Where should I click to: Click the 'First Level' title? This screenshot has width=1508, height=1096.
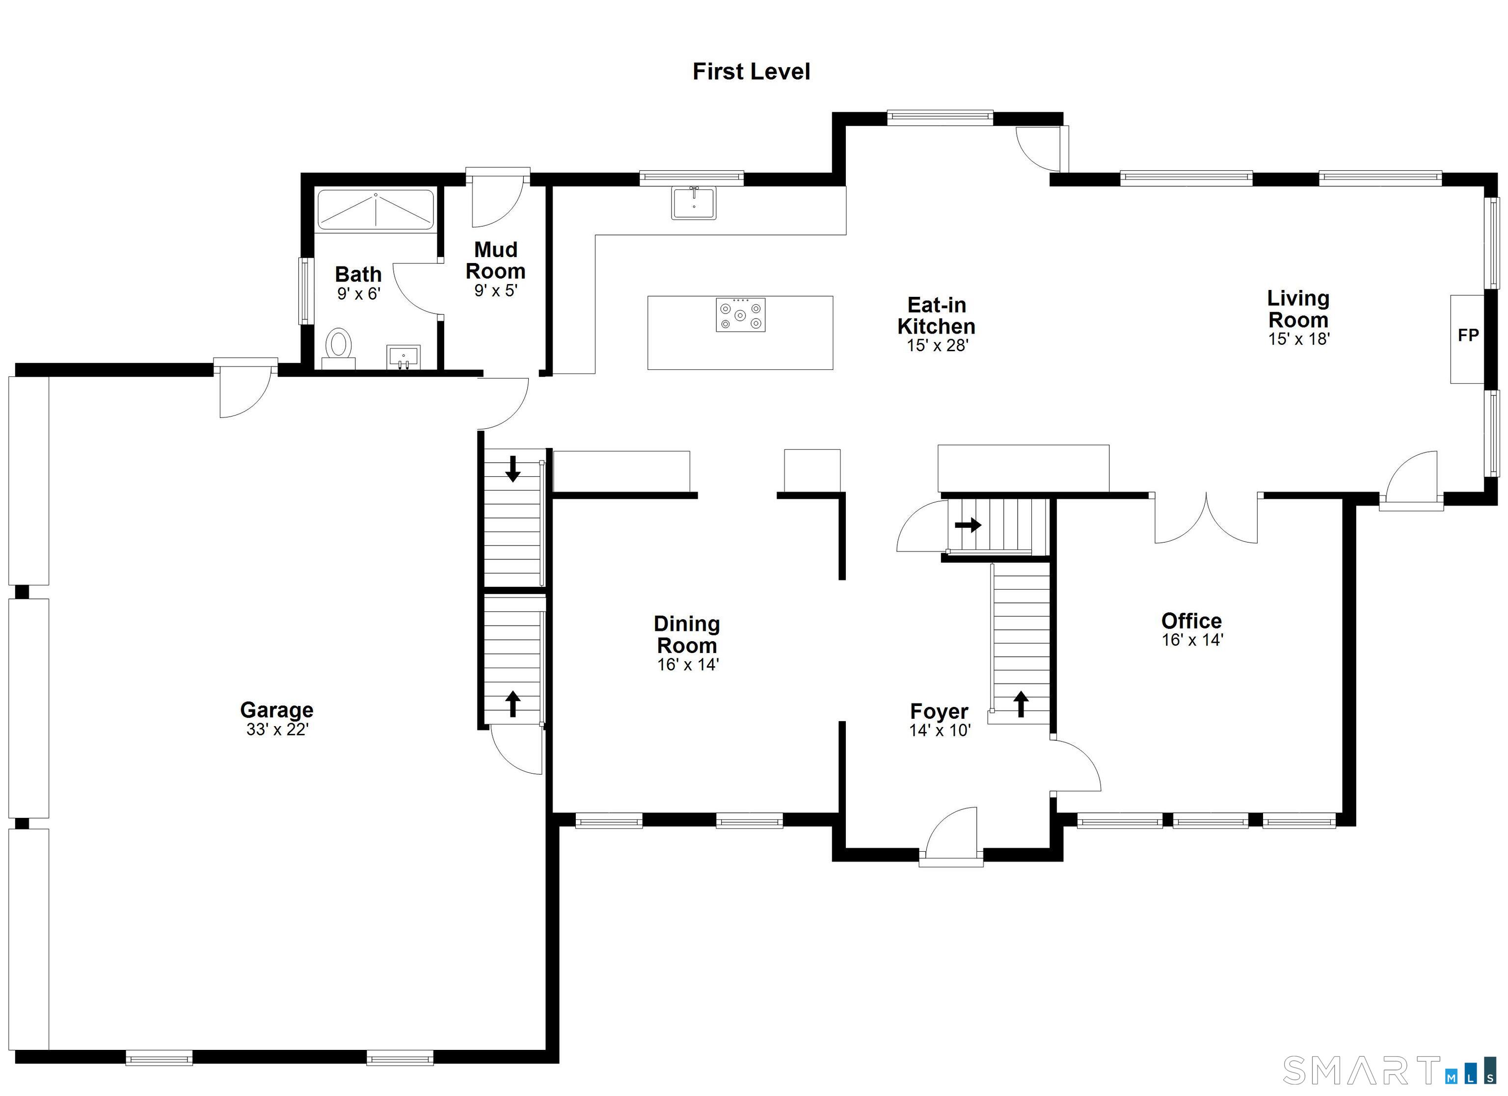tap(752, 72)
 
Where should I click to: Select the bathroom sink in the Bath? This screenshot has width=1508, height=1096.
tap(403, 357)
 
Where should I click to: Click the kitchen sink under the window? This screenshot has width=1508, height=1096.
tap(694, 203)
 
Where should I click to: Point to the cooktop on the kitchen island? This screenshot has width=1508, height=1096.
tap(741, 315)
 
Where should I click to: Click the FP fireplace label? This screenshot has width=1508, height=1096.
tap(1468, 335)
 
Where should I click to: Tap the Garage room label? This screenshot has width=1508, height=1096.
tap(276, 710)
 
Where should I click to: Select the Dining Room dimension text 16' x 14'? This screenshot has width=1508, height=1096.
tap(688, 665)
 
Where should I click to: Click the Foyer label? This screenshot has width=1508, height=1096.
tap(939, 711)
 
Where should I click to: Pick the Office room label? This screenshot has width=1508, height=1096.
tap(1191, 621)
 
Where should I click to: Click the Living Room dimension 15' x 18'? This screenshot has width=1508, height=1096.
tap(1298, 339)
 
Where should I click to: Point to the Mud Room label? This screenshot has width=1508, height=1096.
tap(496, 260)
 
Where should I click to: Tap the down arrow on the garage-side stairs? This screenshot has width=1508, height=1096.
tap(512, 468)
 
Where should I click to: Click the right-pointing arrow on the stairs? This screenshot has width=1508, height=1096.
tap(968, 525)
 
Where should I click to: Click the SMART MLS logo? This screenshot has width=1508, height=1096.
tap(1392, 1070)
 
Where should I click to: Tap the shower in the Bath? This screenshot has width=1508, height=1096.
tap(376, 210)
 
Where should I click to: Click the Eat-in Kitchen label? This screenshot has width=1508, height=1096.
tap(936, 316)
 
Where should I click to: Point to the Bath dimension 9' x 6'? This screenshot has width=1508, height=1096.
tap(358, 294)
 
